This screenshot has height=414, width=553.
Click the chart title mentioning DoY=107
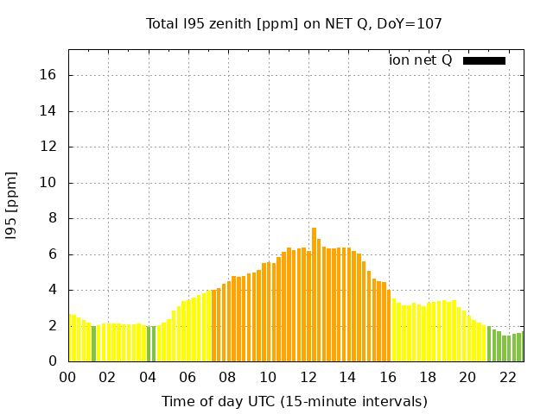294,23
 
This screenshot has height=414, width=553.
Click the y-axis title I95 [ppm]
12,204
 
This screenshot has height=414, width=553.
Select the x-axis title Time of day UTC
294,401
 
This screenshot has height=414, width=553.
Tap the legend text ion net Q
420,60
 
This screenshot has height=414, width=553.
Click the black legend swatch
484,60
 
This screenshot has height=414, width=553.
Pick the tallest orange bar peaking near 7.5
314,293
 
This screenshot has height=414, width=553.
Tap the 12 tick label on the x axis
308,377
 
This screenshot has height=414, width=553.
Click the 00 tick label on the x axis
68,377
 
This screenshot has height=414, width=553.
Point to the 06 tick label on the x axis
188,377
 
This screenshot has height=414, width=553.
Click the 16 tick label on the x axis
388,377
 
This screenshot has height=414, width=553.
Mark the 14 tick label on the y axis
48,111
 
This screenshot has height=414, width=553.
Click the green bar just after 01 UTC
94,343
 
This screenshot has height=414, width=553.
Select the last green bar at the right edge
521,347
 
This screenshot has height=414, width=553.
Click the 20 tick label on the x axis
467,377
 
